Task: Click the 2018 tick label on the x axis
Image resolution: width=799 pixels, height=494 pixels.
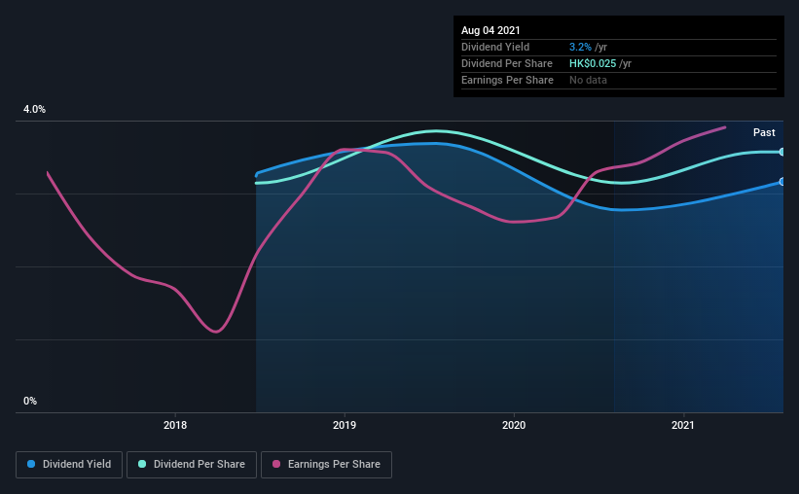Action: (175, 426)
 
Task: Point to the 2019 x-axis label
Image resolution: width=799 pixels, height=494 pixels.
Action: (345, 426)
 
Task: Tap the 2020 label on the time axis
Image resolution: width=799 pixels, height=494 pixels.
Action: (514, 426)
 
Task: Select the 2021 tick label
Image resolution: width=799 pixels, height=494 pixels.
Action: (683, 426)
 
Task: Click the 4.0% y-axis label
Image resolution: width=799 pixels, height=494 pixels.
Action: (34, 110)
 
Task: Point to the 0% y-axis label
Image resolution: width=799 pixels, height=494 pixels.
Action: (30, 401)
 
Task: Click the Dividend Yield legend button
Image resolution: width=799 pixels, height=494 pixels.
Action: (69, 465)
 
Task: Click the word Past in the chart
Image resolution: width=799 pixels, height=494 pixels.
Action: (764, 132)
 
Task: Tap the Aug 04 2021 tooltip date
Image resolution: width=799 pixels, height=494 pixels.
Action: (492, 30)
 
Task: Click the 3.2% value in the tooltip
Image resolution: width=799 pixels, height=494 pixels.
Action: (579, 47)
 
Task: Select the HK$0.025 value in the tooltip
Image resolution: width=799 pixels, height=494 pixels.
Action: (593, 63)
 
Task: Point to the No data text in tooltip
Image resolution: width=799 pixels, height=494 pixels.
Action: (588, 80)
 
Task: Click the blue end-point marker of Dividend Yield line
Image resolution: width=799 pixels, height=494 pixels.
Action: (782, 182)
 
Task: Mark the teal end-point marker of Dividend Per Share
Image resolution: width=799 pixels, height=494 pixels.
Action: (782, 152)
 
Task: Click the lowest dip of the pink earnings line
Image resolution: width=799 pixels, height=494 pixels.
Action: (215, 332)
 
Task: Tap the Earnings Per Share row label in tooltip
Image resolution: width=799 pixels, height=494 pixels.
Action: (507, 80)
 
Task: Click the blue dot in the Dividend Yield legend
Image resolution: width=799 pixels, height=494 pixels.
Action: (32, 465)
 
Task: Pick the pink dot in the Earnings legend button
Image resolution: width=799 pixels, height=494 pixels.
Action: (278, 465)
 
